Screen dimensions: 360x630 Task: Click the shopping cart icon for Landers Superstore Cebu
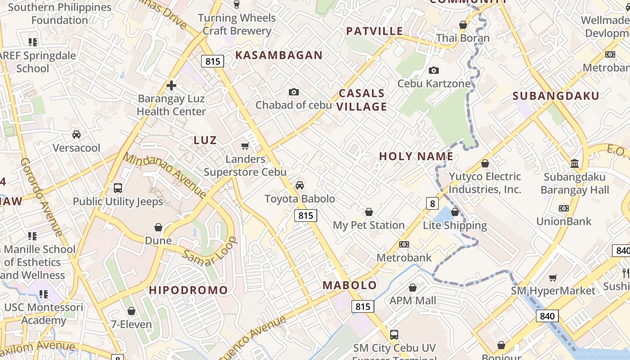click(245, 146)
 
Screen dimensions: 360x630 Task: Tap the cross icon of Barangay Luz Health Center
click(171, 85)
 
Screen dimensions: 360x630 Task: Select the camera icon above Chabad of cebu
click(294, 92)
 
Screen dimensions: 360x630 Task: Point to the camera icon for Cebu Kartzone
click(434, 70)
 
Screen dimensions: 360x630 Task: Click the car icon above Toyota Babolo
click(300, 185)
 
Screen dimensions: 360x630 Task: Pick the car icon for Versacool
click(76, 135)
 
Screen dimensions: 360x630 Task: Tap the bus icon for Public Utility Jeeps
click(118, 188)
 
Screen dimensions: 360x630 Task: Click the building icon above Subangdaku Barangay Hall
click(575, 163)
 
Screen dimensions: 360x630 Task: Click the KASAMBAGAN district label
click(279, 55)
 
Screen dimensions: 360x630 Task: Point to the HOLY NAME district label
click(416, 156)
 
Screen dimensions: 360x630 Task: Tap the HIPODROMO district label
click(189, 290)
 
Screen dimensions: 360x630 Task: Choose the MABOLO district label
click(350, 285)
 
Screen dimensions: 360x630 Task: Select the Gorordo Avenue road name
click(40, 197)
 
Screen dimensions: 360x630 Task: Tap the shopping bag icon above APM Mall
click(413, 288)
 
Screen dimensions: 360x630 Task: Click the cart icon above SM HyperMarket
click(553, 278)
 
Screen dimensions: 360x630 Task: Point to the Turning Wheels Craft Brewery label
click(237, 24)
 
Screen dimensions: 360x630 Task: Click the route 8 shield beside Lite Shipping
click(432, 204)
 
